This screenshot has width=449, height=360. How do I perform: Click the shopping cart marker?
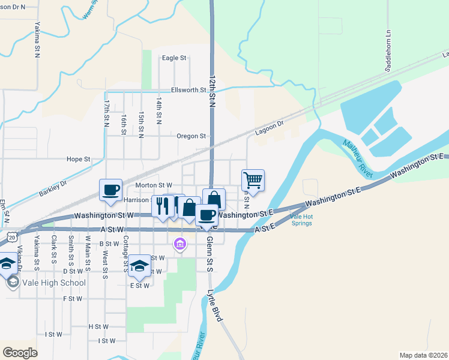253,180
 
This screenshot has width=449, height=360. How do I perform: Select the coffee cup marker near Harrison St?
110,190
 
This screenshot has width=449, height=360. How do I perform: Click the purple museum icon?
179,244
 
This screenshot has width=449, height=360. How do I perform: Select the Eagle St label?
175,58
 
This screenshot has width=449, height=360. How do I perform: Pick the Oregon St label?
191,136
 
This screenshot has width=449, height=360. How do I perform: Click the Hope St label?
78,160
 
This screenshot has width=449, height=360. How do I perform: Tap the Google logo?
20,352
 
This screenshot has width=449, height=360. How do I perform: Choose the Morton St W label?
154,185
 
